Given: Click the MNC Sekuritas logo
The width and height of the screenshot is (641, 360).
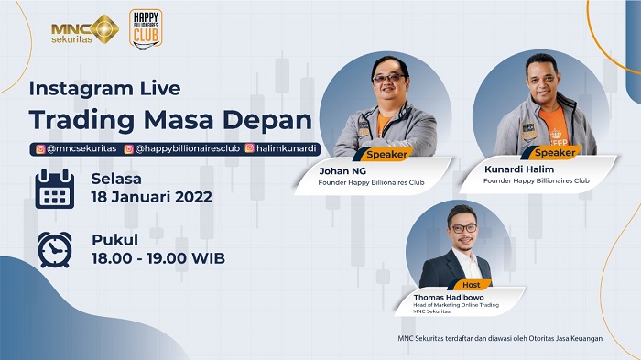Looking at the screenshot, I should point(85,29).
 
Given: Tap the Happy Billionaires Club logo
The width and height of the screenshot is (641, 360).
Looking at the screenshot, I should point(146,28).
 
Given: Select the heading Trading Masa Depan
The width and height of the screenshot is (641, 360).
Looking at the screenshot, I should point(169,121).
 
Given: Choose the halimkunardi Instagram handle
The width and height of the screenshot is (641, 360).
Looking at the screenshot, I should point(283,147).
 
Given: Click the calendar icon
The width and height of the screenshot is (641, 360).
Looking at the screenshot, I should point(54,189).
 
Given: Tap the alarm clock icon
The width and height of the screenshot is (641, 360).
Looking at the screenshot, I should point(54,249).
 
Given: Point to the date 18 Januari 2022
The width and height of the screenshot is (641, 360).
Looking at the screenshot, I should point(151,197).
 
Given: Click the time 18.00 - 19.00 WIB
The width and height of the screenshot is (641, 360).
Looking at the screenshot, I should point(158,257).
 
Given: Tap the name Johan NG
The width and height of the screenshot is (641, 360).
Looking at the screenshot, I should point(342,170).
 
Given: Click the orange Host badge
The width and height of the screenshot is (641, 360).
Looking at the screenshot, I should point(472,285).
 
